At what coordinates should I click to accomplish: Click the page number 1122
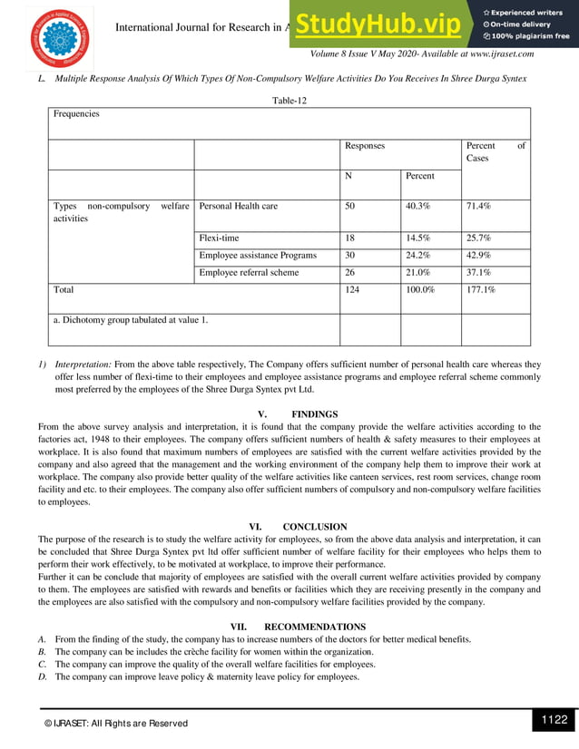click(553, 720)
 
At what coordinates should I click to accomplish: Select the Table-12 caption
click(289, 101)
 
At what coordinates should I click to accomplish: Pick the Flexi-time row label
click(219, 238)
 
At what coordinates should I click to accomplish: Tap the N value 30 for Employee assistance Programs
click(350, 255)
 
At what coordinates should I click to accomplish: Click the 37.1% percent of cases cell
click(478, 272)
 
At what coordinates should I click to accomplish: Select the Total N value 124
click(352, 289)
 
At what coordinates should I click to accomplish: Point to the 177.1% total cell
click(481, 289)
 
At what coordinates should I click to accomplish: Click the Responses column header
click(365, 145)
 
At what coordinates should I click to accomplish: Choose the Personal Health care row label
click(238, 206)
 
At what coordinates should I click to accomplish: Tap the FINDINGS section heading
click(315, 413)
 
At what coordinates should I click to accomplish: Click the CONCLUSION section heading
click(315, 526)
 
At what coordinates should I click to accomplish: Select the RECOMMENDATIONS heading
click(315, 627)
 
